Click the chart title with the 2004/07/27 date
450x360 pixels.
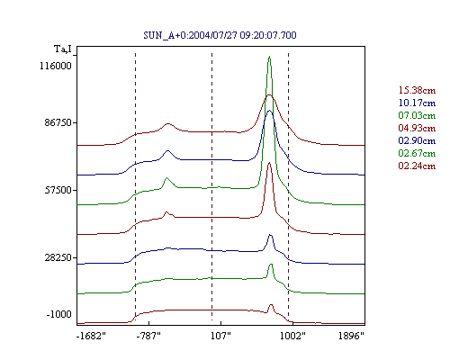point(220,35)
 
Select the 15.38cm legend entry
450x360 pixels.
point(417,90)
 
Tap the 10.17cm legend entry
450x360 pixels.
point(417,103)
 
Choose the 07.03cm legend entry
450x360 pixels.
point(417,115)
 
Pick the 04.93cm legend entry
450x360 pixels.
point(417,128)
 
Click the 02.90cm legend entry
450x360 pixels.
point(417,140)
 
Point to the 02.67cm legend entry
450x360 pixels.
point(417,153)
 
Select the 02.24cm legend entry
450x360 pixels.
point(417,166)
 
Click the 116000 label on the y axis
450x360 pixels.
point(56,66)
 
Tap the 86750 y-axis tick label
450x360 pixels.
point(58,122)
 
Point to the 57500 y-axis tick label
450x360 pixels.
point(58,190)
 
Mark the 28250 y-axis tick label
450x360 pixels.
point(58,257)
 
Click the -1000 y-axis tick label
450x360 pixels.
point(59,314)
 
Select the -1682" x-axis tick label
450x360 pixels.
point(91,336)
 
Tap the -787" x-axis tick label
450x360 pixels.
point(148,336)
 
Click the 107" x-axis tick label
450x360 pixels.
point(220,336)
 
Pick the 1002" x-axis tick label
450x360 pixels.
point(292,336)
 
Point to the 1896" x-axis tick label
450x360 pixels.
point(351,336)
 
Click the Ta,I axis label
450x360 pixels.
point(63,49)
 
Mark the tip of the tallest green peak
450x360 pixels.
point(269,56)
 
